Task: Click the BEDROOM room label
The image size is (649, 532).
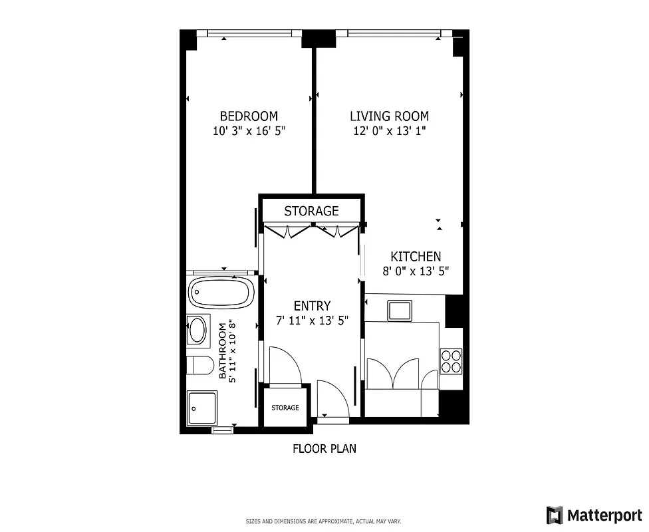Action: coord(249,116)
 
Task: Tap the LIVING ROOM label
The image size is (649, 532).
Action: coord(389,116)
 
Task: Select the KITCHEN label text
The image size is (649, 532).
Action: coord(415,257)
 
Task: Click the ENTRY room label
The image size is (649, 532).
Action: coord(312,306)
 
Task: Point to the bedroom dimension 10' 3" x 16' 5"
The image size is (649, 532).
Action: coord(249,131)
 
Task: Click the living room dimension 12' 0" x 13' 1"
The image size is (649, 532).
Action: coord(389,131)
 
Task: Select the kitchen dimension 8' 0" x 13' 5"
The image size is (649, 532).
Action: coord(415,271)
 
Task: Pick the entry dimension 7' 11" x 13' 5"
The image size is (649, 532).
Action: coord(312,321)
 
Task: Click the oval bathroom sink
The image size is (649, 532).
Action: coord(198,330)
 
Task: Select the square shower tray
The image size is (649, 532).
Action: coord(201,407)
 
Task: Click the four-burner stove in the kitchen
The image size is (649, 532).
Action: coord(451,360)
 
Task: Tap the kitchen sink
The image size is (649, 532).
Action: coord(400,310)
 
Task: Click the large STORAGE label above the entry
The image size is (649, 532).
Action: coord(311,211)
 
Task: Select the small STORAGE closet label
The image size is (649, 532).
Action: coord(285,408)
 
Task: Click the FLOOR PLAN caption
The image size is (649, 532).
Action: coord(324,449)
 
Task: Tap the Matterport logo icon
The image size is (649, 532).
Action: coord(554,514)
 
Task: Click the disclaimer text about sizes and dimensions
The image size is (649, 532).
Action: coord(324,521)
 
